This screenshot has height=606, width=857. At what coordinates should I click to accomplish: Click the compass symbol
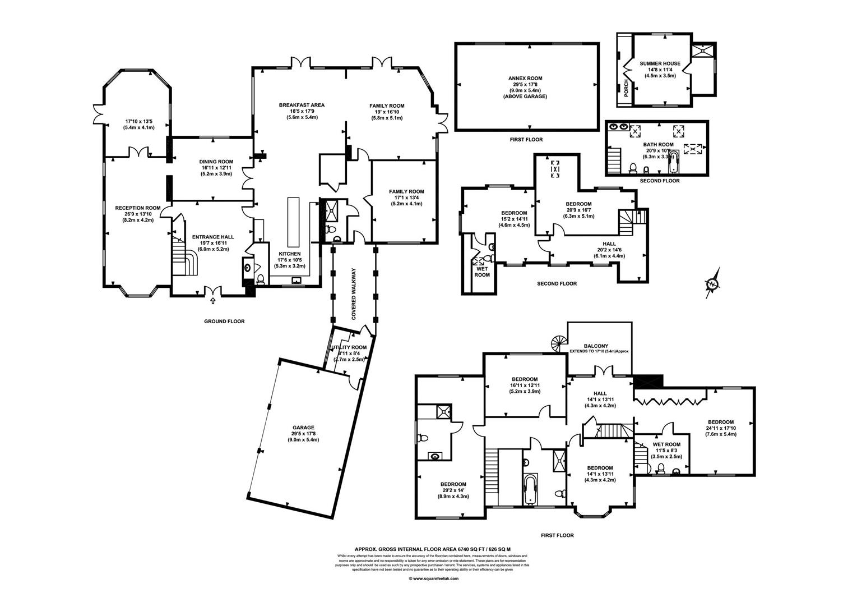click(x=712, y=284)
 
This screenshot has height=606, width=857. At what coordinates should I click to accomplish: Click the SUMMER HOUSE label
click(x=660, y=63)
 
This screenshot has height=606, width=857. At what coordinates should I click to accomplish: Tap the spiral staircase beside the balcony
click(x=558, y=343)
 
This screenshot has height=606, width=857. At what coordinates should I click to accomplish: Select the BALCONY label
click(x=596, y=346)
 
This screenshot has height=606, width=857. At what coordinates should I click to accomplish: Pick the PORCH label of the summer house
click(x=626, y=89)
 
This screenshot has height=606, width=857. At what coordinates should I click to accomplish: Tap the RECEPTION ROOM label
click(x=137, y=208)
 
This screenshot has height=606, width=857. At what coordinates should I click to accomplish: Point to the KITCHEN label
click(x=289, y=254)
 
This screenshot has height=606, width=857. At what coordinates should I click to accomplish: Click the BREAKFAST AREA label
click(x=302, y=105)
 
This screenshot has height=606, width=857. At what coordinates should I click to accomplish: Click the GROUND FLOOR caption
click(x=224, y=322)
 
